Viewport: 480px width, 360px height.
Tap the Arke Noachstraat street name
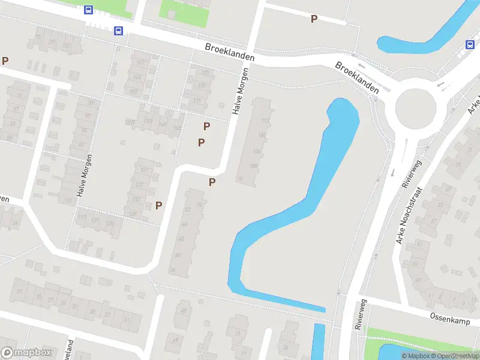tap(410, 215)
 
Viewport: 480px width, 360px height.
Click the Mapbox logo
tap(26, 353)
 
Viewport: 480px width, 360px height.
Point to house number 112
tap(264, 120)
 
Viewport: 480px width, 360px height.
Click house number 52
tap(188, 209)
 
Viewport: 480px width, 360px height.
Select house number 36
tap(172, 270)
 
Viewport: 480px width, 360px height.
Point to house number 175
tap(202, 86)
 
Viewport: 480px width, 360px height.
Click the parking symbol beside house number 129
tap(159, 205)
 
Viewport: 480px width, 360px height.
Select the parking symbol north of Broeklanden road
tap(314, 19)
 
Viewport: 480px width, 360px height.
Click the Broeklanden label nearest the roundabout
tap(357, 77)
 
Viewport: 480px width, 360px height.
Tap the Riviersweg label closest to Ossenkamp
tap(360, 316)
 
